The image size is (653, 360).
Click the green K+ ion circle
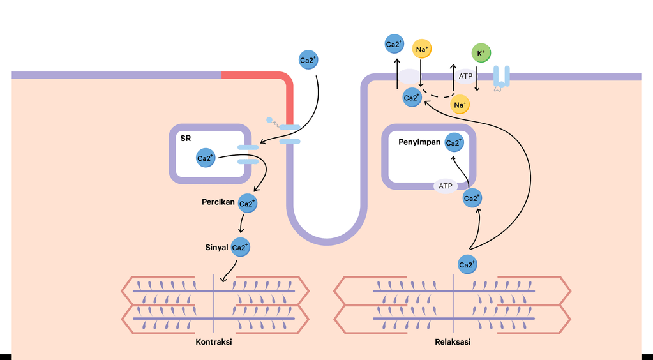click(481, 54)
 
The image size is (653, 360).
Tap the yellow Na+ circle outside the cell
click(422, 49)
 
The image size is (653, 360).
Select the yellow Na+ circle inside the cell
click(460, 104)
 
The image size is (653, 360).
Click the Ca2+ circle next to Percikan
click(247, 203)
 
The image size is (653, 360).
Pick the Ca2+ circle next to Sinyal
click(241, 248)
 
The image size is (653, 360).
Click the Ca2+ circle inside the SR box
click(206, 158)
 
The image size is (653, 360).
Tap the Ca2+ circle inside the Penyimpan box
click(454, 142)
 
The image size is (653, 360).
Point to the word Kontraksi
click(213, 342)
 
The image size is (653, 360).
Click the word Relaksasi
click(453, 342)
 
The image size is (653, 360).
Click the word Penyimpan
click(419, 142)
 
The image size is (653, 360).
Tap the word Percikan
click(218, 202)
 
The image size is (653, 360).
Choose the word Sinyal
click(215, 247)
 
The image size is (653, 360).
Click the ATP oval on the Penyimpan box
click(446, 186)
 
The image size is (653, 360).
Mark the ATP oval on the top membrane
click(465, 76)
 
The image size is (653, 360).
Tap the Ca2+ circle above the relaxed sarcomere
click(468, 264)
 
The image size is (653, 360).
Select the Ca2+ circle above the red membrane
click(308, 61)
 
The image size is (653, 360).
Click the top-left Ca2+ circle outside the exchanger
click(394, 44)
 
